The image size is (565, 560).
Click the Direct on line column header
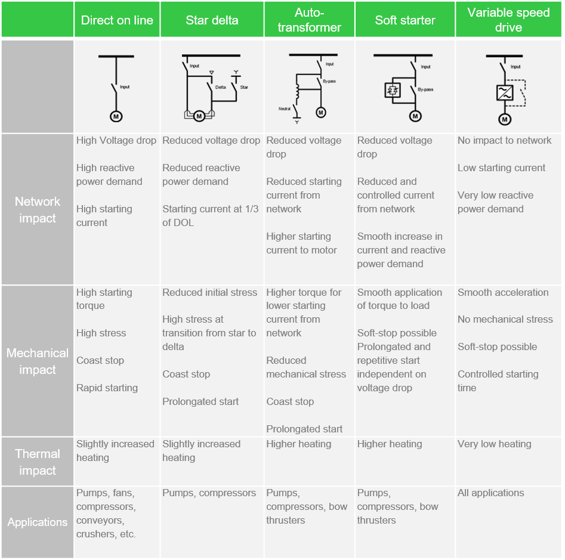click(x=117, y=20)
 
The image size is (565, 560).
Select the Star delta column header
click(x=212, y=20)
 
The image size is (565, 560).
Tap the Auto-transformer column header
click(x=309, y=20)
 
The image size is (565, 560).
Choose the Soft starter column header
click(x=405, y=20)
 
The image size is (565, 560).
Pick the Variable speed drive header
click(x=508, y=20)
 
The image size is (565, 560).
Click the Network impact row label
click(x=38, y=209)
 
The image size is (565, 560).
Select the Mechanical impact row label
click(x=38, y=361)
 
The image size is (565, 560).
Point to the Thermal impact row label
click(x=38, y=462)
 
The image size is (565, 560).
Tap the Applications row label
click(x=38, y=522)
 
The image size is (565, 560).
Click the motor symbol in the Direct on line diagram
click(x=116, y=116)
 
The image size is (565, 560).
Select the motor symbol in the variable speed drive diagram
click(x=505, y=120)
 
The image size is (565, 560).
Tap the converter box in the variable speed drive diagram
click(x=505, y=92)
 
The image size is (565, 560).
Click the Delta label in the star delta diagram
click(x=220, y=87)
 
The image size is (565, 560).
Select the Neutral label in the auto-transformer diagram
click(x=285, y=109)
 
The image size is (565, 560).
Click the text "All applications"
click(x=490, y=493)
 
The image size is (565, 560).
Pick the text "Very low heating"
click(x=494, y=444)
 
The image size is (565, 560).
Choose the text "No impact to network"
click(x=504, y=140)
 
